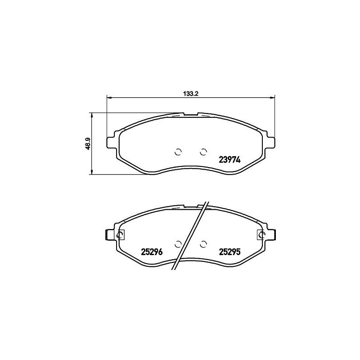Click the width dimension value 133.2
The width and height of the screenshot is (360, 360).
click(190, 94)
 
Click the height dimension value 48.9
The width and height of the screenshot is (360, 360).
click(87, 144)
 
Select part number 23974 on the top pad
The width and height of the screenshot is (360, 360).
click(229, 160)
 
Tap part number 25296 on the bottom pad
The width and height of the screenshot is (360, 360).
click(152, 252)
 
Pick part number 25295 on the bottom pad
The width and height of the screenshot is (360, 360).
click(229, 252)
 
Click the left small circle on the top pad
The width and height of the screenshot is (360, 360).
click(178, 152)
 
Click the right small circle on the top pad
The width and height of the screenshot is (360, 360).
click(203, 152)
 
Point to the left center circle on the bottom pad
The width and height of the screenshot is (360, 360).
click(178, 244)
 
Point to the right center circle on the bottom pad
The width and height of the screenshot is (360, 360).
click(203, 244)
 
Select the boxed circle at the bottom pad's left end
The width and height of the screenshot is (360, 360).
click(120, 235)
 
